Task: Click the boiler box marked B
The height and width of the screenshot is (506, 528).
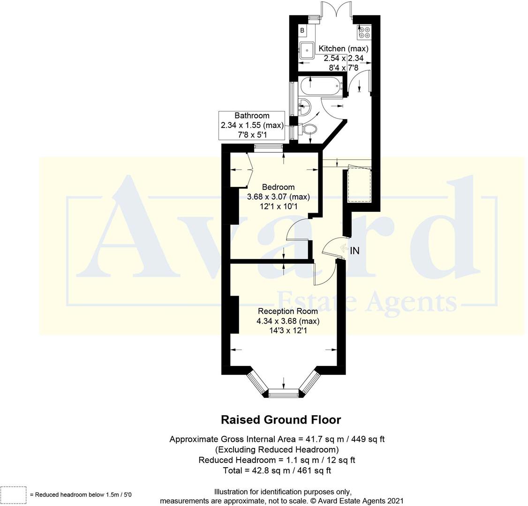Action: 302,31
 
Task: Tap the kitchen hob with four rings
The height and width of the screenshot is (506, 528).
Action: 364,32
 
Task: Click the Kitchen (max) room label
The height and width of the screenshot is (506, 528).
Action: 343,49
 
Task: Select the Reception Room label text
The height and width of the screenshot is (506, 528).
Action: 287,311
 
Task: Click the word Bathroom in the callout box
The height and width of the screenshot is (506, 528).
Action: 252,116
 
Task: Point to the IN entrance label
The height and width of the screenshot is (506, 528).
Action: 355,251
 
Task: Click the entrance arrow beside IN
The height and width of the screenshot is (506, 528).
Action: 343,250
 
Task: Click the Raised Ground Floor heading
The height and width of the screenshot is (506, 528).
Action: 280,419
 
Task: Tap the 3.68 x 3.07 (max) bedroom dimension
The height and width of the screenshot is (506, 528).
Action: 278,197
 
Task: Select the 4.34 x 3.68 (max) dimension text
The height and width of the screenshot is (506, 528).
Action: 287,321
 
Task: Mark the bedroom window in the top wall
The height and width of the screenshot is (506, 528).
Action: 269,148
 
